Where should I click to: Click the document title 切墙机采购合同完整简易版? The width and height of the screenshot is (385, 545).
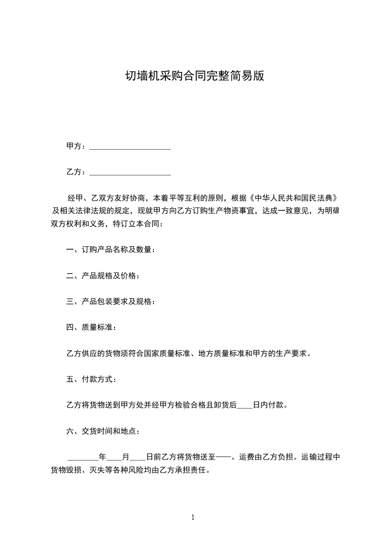point(192,76)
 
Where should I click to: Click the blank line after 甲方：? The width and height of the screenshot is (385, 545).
point(130,147)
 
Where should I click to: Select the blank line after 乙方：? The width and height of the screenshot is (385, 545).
point(130,172)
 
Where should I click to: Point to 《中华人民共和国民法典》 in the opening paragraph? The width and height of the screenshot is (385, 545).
point(293,198)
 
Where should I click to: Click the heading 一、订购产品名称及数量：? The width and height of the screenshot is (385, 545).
point(111,250)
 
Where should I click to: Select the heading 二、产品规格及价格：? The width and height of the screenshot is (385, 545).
point(103,276)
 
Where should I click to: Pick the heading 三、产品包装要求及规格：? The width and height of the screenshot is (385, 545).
point(111,302)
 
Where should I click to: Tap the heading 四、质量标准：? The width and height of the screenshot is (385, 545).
point(91,327)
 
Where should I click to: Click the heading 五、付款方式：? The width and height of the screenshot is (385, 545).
point(91,379)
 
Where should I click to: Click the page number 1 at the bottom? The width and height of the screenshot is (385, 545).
point(193,517)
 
